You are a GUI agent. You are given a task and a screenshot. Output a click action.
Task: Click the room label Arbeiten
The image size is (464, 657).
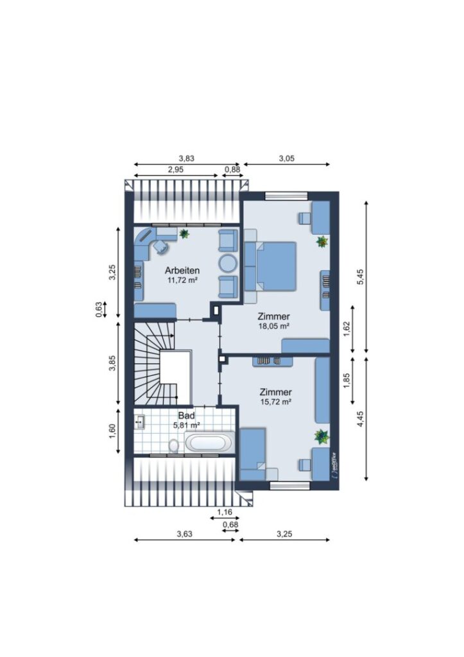(x=182, y=270)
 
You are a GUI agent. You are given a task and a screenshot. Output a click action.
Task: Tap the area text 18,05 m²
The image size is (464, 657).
(x=273, y=326)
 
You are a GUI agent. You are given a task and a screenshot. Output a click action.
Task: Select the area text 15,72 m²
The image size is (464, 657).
(x=275, y=402)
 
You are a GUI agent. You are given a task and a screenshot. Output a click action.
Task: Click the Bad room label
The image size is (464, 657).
(x=187, y=416)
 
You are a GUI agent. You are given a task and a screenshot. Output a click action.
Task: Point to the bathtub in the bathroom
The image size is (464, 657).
(x=209, y=441)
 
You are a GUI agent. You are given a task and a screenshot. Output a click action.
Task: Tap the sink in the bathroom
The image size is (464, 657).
(x=139, y=422)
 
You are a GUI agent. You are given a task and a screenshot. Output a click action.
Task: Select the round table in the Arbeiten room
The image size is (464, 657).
(x=228, y=263)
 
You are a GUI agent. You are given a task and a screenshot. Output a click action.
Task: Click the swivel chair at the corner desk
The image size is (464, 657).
(x=161, y=246)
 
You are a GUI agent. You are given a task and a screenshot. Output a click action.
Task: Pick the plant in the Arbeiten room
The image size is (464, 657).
(x=184, y=234)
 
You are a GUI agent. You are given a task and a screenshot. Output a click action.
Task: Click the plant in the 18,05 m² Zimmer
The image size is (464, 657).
(x=322, y=241)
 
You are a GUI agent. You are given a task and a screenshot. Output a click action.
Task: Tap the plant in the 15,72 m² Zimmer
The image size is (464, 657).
(x=322, y=436)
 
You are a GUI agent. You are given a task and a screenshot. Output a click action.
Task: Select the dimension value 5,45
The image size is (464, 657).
(x=361, y=277)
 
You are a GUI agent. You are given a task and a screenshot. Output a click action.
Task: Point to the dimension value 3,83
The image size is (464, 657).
(x=187, y=158)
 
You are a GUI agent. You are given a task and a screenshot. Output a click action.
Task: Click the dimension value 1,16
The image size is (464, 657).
(x=225, y=511)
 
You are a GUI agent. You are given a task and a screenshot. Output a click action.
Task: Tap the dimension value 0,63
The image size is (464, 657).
(x=98, y=309)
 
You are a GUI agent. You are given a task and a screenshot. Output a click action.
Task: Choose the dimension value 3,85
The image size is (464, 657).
(x=112, y=363)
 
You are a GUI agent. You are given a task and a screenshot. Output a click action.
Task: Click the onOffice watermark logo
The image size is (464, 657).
(x=334, y=466)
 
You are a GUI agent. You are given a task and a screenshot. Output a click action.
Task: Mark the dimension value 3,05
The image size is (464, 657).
(x=287, y=158)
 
